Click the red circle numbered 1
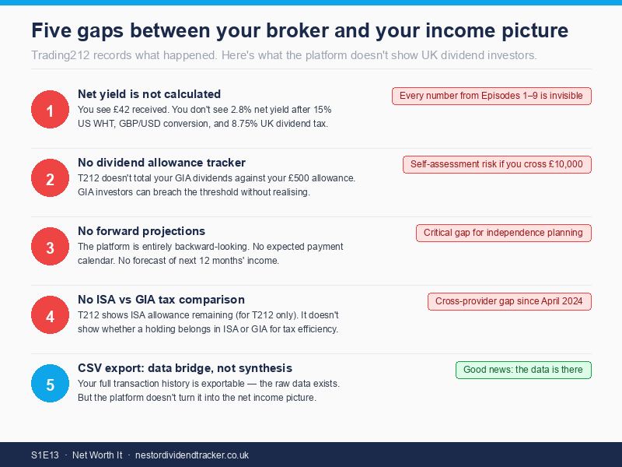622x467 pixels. tap(50, 110)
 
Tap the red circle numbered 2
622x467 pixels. tap(50, 178)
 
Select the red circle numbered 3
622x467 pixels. tap(50, 247)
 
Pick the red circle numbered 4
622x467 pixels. tap(50, 315)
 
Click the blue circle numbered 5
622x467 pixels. tap(50, 384)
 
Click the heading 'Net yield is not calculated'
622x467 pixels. tap(149, 94)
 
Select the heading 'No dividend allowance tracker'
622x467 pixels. tap(162, 163)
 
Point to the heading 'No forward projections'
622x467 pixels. tap(142, 231)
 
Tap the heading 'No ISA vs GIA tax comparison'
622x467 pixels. tap(161, 300)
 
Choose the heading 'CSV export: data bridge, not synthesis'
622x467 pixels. tap(185, 368)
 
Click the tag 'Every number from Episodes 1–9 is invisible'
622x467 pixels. tap(491, 96)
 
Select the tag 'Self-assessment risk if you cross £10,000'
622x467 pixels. tap(497, 164)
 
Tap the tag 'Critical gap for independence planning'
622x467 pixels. tap(503, 233)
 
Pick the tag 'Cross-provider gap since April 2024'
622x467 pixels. tap(509, 301)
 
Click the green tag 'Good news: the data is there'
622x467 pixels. tap(523, 370)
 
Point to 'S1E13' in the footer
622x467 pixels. tap(45, 455)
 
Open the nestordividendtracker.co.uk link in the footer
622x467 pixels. tap(192, 455)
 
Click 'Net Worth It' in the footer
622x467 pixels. tap(97, 455)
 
